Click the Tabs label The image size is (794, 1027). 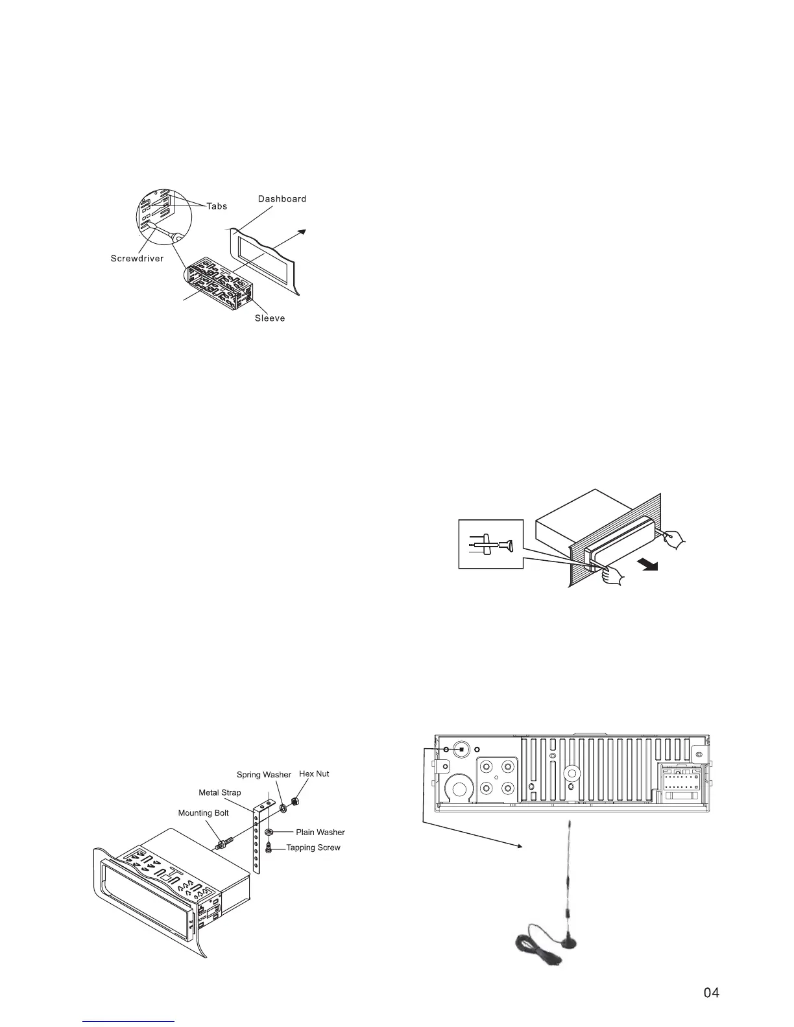[217, 206]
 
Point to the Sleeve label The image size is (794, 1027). [270, 318]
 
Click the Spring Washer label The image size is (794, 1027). [263, 775]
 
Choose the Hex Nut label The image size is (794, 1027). [314, 774]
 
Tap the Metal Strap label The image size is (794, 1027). [219, 792]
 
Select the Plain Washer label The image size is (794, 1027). [320, 832]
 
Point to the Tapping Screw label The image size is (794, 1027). [313, 847]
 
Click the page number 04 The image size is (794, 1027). [712, 993]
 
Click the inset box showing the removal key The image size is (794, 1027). [490, 544]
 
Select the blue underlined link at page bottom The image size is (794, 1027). [129, 1021]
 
